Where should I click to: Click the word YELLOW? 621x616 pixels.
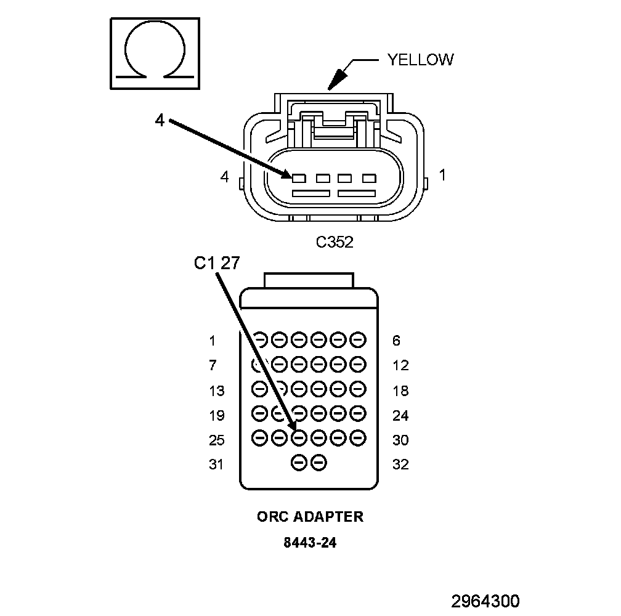tap(420, 59)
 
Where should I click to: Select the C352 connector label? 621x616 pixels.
tap(335, 242)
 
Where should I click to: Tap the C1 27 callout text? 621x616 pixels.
tap(216, 264)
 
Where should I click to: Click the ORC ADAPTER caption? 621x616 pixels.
tap(310, 516)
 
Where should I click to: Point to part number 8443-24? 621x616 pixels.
tap(310, 543)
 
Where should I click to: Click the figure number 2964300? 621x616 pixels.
tap(485, 601)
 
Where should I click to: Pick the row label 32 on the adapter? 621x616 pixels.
tap(400, 464)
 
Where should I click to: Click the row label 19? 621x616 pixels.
tap(216, 416)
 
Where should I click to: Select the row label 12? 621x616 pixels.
tap(400, 366)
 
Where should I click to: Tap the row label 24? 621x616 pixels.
tap(400, 416)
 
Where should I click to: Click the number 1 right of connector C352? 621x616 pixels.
tap(442, 176)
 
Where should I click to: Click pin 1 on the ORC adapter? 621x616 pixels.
tap(260, 339)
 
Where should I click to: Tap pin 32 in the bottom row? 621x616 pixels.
tap(319, 463)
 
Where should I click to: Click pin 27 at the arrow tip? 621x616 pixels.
tap(299, 438)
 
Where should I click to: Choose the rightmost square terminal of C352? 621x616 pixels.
tap(368, 179)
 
